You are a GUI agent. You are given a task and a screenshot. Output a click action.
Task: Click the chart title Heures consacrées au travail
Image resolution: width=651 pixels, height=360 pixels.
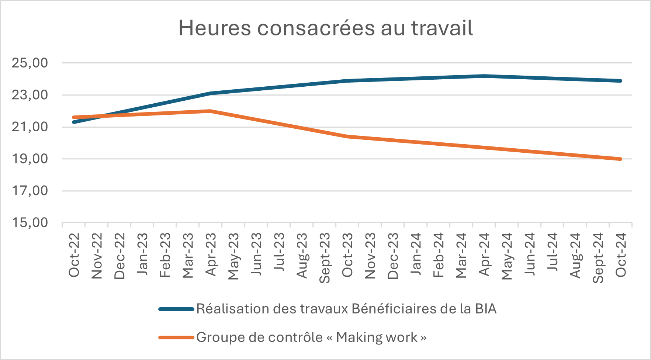(325, 28)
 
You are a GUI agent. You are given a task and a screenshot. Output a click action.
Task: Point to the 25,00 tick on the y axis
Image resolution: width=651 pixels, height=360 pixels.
(30, 63)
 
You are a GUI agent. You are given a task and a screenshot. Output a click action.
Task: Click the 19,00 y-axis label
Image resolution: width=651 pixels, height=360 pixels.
(30, 159)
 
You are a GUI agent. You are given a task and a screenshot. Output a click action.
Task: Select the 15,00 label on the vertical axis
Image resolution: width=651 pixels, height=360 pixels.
(30, 223)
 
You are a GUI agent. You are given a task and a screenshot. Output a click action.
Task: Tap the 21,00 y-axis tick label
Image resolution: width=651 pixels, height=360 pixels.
(30, 127)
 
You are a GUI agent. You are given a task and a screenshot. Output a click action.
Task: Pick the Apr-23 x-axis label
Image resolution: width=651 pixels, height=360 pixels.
(211, 255)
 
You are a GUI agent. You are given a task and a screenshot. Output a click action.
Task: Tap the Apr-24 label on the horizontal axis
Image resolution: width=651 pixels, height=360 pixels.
(484, 255)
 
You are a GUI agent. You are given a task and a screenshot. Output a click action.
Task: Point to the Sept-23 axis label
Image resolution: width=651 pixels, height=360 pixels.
(325, 258)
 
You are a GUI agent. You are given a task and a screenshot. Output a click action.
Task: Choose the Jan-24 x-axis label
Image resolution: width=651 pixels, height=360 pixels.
(416, 255)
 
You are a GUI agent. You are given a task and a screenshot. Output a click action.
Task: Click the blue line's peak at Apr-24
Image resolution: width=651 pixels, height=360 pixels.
(484, 76)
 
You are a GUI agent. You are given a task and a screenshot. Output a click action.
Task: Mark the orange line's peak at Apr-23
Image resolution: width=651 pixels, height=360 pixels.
(210, 111)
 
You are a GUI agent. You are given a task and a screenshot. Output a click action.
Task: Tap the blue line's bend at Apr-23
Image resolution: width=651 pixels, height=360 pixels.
(210, 93)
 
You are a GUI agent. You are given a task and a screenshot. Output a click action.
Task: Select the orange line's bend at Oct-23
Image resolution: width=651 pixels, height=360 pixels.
(347, 136)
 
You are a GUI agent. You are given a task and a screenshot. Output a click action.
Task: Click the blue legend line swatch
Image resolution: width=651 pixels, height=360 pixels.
(176, 309)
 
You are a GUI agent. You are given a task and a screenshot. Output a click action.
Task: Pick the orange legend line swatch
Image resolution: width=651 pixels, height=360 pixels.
(176, 337)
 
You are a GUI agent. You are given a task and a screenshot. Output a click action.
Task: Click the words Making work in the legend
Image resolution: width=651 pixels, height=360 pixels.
(377, 337)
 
